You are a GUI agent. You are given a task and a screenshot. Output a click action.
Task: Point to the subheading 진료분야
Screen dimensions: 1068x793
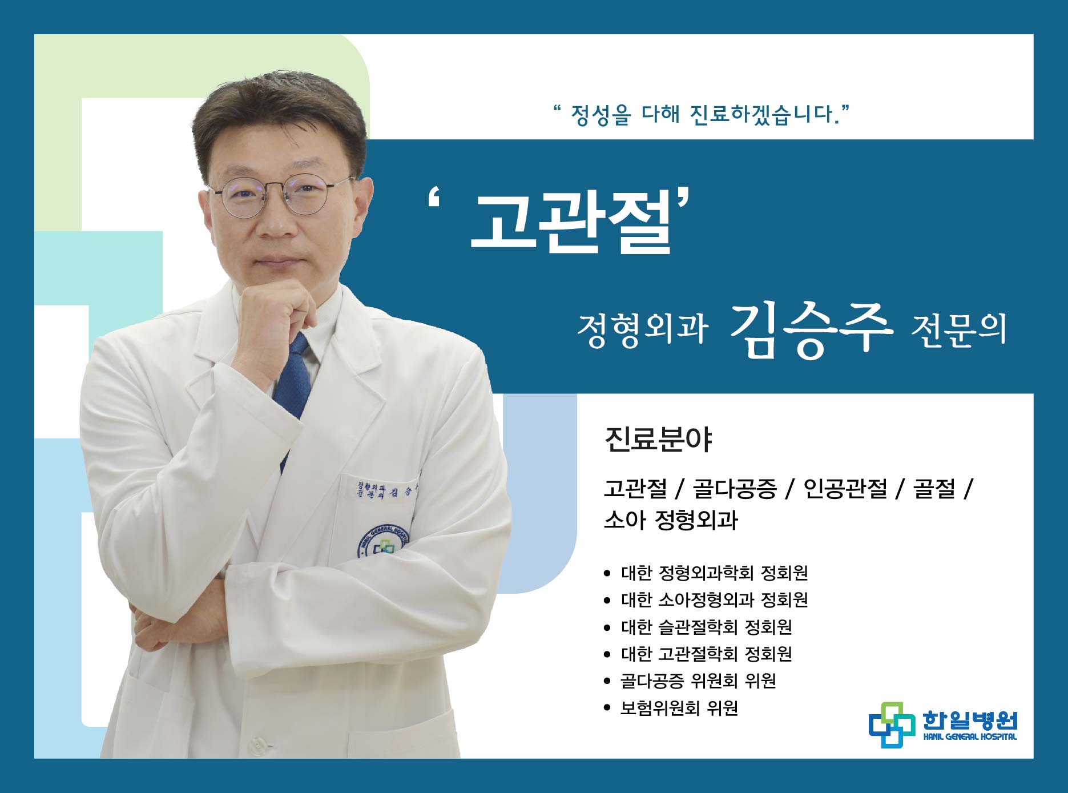(x=658, y=440)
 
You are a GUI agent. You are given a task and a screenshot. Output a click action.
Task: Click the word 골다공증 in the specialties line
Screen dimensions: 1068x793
(x=735, y=489)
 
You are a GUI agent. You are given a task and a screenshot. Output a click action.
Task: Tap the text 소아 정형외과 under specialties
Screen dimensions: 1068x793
(x=671, y=520)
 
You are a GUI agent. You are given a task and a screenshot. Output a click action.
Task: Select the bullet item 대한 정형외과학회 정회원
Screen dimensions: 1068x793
(x=714, y=573)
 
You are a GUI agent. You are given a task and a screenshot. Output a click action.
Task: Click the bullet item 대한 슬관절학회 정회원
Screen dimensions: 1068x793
(x=706, y=627)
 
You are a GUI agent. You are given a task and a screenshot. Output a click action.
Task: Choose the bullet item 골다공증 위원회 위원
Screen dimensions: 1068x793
(x=698, y=681)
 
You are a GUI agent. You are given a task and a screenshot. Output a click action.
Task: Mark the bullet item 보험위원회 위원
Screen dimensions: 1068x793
(x=679, y=708)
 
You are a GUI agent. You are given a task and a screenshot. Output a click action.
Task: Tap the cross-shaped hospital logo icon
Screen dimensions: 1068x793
(x=891, y=724)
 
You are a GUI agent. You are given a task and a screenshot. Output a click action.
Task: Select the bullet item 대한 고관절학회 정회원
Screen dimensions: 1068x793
(x=706, y=654)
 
